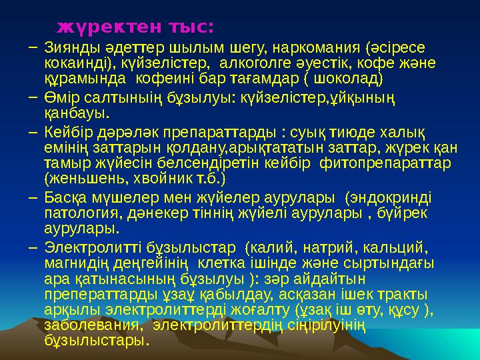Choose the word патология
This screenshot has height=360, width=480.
pyautogui.click(x=79, y=214)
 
